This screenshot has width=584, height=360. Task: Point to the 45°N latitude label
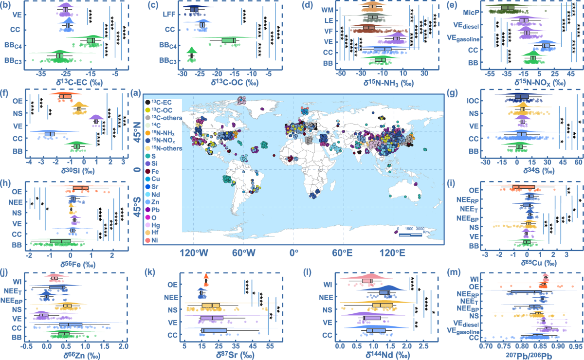point(137,132)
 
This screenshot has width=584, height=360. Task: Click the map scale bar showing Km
point(410,235)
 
